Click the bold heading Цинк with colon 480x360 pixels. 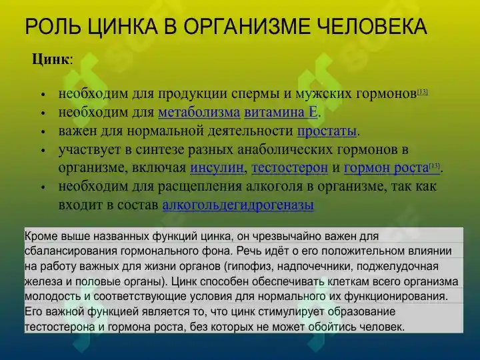point(52,59)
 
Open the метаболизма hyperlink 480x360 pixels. point(199,112)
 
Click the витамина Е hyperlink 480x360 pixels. point(281,112)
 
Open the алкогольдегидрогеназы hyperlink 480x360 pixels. point(238,205)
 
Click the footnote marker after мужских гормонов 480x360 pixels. point(422,91)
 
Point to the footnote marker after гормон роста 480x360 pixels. point(435,165)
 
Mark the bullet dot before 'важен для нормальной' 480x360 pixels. point(43,131)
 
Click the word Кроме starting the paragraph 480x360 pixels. point(41,236)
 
